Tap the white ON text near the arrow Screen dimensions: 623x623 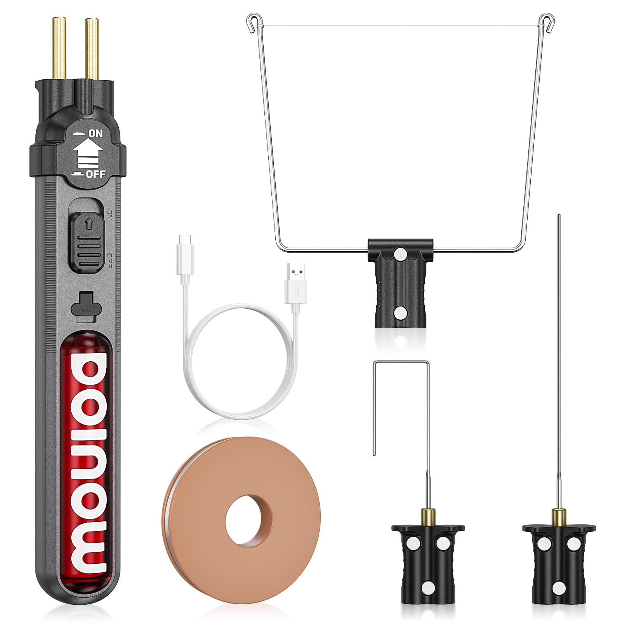[95, 133]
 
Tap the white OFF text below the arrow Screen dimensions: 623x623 [96, 174]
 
